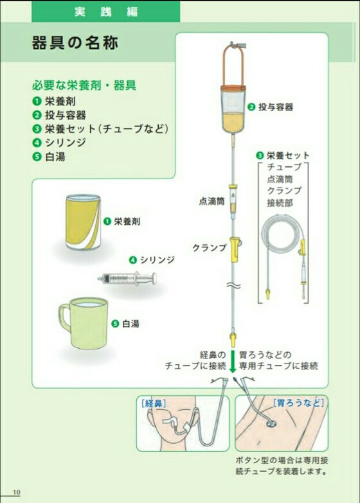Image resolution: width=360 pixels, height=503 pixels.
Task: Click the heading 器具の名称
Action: [75, 42]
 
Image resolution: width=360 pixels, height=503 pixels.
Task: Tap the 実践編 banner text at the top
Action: [106, 12]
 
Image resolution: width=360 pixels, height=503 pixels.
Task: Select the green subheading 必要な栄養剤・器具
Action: [84, 85]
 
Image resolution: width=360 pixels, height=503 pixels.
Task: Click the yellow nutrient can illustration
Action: [83, 222]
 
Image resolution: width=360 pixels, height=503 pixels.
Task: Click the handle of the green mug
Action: [64, 317]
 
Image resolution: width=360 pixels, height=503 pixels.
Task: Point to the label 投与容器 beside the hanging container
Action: [276, 107]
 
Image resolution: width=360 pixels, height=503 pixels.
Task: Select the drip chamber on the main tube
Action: [233, 201]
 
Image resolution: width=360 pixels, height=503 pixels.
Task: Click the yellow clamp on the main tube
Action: [235, 250]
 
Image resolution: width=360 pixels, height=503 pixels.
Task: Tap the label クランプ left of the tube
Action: [210, 248]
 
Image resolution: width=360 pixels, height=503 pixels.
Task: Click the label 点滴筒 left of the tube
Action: [212, 201]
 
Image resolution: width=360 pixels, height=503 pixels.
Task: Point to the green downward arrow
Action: [233, 362]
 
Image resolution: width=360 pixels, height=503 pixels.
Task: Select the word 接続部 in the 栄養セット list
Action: [280, 203]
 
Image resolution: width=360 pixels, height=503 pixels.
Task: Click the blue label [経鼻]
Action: [154, 403]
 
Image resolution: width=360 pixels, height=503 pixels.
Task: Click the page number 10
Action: [16, 493]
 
